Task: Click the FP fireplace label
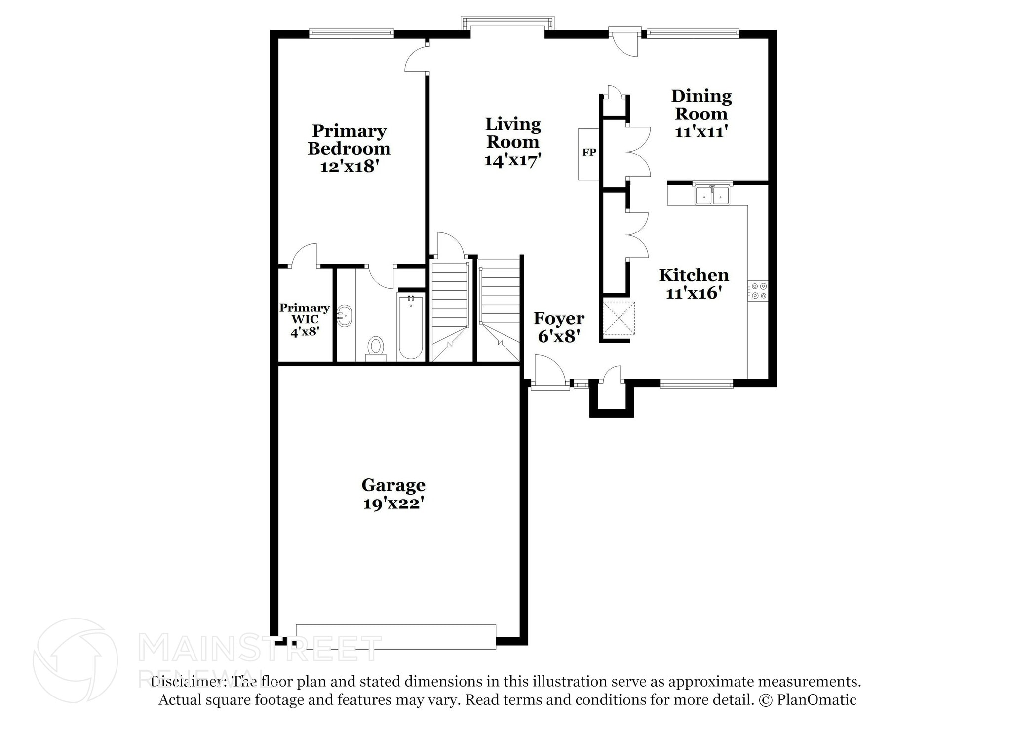click(x=589, y=153)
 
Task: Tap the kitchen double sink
click(x=712, y=195)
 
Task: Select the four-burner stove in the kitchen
click(x=758, y=291)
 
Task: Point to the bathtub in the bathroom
click(x=410, y=326)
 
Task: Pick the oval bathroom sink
click(x=345, y=315)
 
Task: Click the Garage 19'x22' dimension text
click(x=393, y=503)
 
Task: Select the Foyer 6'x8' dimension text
click(x=558, y=336)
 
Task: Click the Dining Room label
click(x=701, y=105)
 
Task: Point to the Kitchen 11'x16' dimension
click(x=694, y=293)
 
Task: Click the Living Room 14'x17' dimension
click(x=513, y=160)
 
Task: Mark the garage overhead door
click(x=395, y=636)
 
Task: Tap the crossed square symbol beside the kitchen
click(x=619, y=318)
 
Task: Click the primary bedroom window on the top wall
click(x=351, y=33)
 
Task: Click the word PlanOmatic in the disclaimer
click(x=817, y=700)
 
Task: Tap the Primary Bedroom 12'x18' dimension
click(x=349, y=166)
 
